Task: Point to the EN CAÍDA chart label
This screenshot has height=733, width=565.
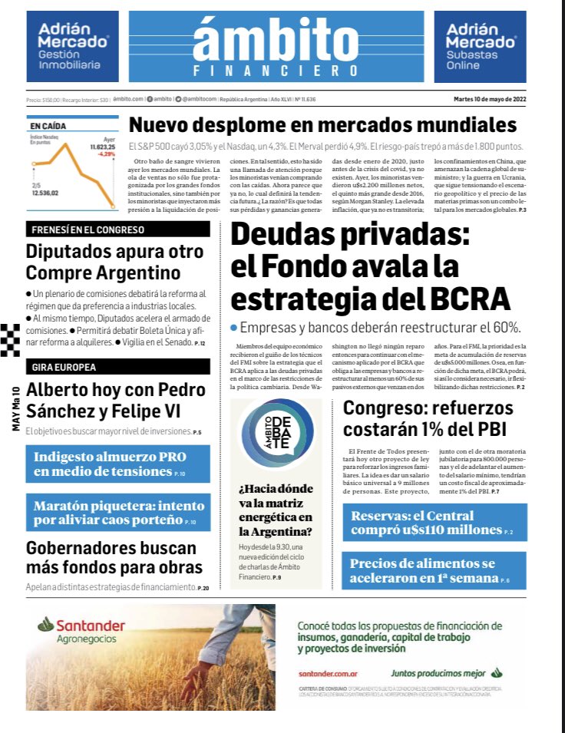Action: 48,125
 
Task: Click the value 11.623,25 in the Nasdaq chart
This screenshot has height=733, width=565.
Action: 101,146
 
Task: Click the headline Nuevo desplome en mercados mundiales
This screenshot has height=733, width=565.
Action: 322,125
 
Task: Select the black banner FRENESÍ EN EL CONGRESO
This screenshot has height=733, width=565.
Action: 117,229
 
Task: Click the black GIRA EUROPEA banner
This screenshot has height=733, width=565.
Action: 117,366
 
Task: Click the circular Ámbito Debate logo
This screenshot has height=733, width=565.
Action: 276,436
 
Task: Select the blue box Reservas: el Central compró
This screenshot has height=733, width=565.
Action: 434,522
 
